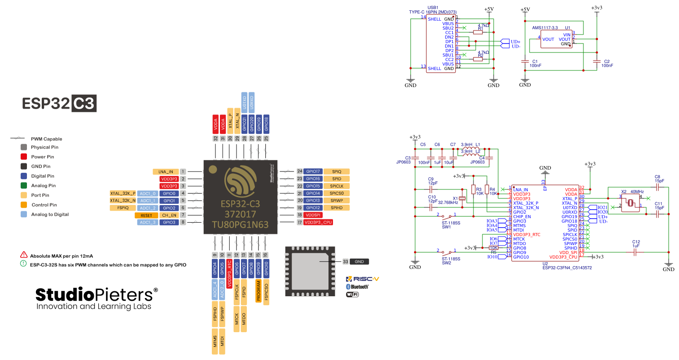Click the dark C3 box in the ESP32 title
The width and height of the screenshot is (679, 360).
tap(84, 103)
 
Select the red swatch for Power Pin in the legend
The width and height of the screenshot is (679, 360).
tap(24, 157)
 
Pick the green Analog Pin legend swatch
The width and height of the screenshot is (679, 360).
tap(24, 185)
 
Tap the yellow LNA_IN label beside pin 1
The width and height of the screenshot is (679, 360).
tap(166, 171)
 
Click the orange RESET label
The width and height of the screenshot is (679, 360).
tap(146, 215)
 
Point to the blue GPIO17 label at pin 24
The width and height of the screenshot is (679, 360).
tap(313, 171)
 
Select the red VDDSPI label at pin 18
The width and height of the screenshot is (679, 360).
tap(313, 215)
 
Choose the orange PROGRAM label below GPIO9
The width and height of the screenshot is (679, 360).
tap(258, 290)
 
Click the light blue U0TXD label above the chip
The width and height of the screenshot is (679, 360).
tap(245, 102)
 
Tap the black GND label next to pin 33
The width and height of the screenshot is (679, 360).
tap(359, 261)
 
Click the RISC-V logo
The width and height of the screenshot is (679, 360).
tap(363, 279)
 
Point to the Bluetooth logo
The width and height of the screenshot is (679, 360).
tap(357, 287)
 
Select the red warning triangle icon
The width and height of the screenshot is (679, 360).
tap(24, 255)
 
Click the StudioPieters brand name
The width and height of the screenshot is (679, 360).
tap(96, 295)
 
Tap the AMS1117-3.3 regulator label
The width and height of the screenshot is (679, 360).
tap(545, 28)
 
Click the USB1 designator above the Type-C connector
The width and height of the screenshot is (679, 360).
tap(433, 8)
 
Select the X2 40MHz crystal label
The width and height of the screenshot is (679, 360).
tap(632, 192)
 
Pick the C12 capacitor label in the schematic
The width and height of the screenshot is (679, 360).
tap(636, 242)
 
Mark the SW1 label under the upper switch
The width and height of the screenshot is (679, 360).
tap(446, 227)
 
